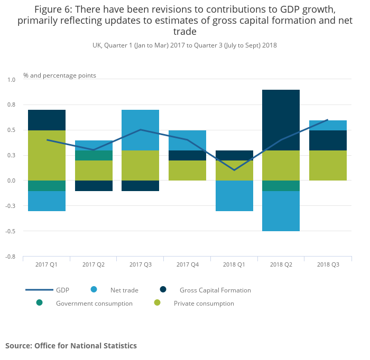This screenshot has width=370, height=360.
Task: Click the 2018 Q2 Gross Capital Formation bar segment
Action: click(281, 120)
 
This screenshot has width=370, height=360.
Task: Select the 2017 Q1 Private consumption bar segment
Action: click(47, 155)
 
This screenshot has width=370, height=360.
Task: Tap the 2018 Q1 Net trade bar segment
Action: click(234, 196)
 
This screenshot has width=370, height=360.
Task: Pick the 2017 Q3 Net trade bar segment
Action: click(140, 130)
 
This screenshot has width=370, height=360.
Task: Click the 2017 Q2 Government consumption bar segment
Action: click(94, 155)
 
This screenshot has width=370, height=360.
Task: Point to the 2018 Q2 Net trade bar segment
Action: click(281, 211)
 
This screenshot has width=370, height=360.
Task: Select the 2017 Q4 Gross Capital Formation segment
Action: click(187, 155)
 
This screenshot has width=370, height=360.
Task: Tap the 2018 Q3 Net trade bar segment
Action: click(328, 125)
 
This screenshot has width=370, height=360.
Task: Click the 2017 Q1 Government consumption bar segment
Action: click(47, 185)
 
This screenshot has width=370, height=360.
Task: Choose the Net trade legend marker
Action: click(94, 289)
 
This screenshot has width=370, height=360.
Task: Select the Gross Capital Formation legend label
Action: click(215, 290)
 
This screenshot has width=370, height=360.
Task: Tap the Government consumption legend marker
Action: click(39, 302)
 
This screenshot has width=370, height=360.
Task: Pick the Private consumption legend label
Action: click(203, 304)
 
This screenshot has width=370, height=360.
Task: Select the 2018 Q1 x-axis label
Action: click(234, 264)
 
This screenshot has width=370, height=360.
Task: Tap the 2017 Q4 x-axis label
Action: click(187, 264)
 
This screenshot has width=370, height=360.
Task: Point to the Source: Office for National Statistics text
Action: click(71, 346)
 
